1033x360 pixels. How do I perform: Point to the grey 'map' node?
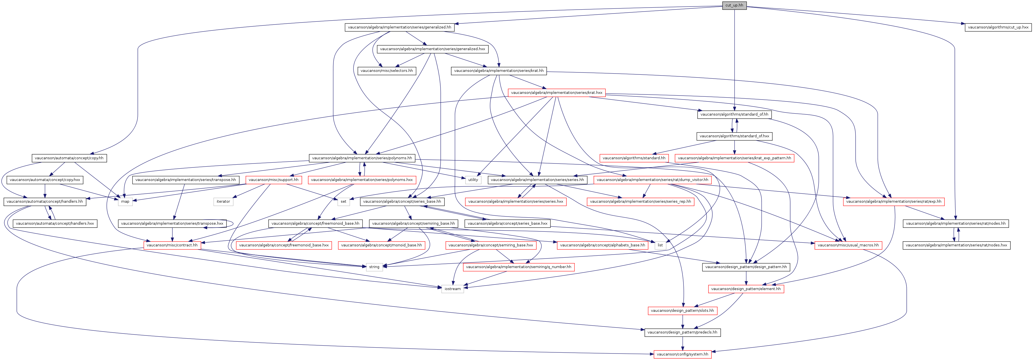(125, 202)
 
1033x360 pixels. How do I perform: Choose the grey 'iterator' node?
(223, 202)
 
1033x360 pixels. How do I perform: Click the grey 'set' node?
(343, 202)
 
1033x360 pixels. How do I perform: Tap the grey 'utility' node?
(473, 180)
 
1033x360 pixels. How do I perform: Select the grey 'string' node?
(374, 267)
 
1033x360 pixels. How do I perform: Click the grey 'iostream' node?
(452, 289)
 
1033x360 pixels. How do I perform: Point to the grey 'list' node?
(660, 245)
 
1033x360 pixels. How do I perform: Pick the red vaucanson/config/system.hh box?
(683, 354)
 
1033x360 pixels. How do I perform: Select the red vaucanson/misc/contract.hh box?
(172, 245)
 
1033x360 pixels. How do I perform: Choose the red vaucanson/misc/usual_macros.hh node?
(848, 245)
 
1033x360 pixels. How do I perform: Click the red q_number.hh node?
(519, 267)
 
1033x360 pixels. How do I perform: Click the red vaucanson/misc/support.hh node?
(273, 180)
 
